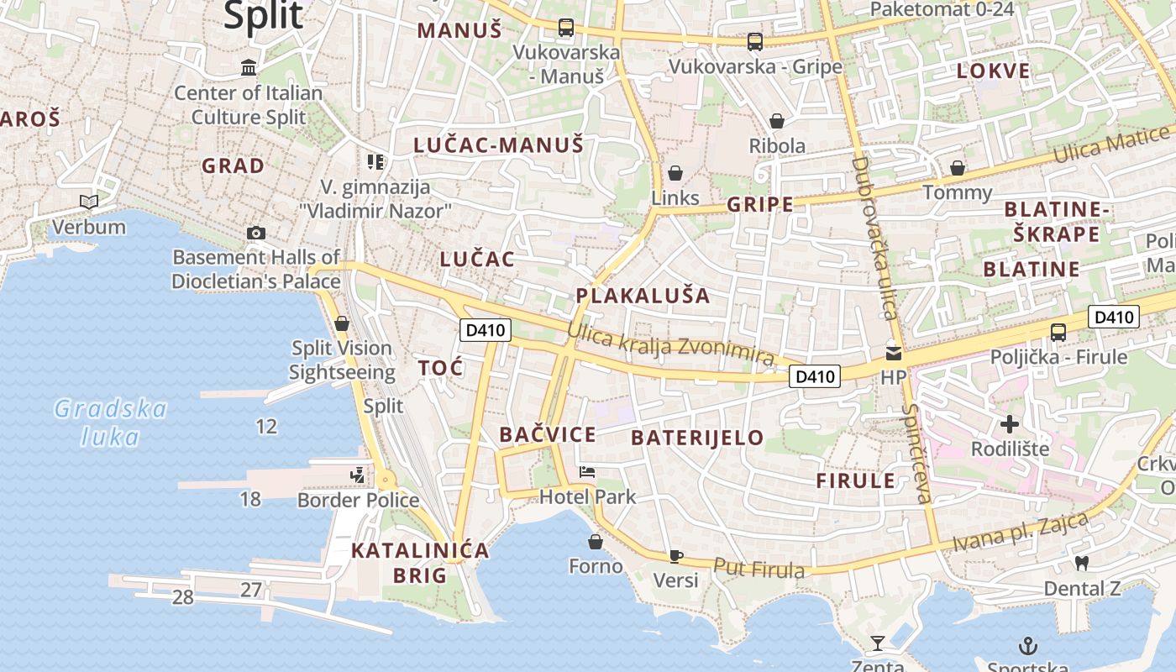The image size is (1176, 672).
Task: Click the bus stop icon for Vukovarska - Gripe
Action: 755,41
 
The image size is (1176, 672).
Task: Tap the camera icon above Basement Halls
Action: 256,233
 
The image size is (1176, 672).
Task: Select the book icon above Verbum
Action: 88,202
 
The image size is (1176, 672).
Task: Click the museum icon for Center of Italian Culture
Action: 249,67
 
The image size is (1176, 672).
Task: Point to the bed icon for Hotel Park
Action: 587,472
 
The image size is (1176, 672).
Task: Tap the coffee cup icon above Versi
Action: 675,555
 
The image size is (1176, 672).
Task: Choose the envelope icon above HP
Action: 894,354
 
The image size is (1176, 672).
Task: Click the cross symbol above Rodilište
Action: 1010,424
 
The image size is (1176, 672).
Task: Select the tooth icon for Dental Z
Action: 1082,563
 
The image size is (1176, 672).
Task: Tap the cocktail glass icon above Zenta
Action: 878,643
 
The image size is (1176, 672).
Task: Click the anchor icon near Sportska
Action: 1028,645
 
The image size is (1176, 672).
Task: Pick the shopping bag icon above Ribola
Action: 777,121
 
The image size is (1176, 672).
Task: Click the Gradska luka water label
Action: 111,423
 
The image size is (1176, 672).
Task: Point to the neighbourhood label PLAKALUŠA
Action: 643,296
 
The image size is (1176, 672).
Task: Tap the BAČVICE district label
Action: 547,434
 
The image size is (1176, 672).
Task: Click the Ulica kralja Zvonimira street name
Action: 669,343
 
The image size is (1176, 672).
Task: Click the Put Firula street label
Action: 759,569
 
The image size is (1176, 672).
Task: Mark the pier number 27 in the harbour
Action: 251,590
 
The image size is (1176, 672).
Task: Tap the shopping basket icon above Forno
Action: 596,542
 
